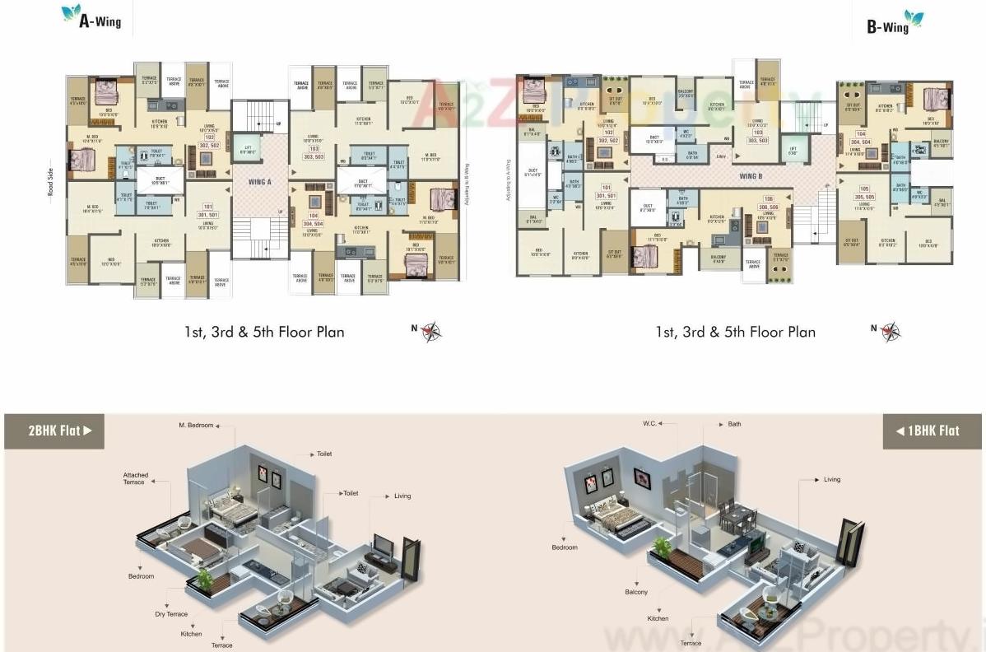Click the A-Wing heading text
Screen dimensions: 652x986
coord(100,22)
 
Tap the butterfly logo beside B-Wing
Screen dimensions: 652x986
coord(914,17)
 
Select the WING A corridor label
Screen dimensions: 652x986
coord(259,181)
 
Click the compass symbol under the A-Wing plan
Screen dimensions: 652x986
coord(431,331)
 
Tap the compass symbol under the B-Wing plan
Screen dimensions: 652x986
coord(890,331)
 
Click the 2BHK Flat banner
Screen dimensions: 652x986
coord(54,431)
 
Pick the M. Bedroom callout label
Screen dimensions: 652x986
coord(196,425)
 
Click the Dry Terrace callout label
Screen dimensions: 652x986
coord(171,614)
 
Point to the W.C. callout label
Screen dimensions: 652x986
coord(649,425)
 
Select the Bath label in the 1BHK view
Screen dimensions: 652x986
coord(734,425)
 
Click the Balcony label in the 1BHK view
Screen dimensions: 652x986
coord(635,592)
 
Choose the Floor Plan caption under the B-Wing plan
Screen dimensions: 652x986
coord(735,332)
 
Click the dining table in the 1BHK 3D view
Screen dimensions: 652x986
coord(737,517)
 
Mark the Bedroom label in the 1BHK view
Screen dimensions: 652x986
coord(565,547)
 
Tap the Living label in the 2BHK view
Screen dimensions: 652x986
coord(402,496)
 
